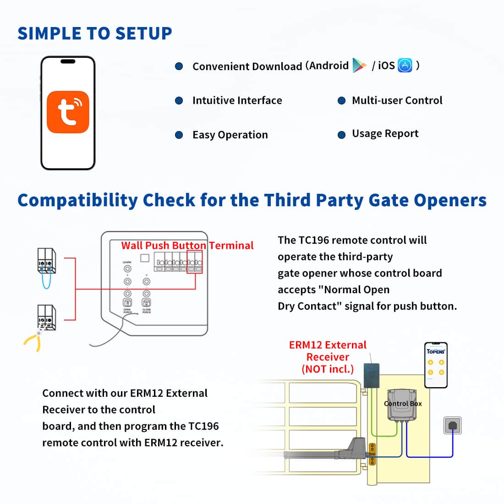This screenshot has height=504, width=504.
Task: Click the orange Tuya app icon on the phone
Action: (x=68, y=112)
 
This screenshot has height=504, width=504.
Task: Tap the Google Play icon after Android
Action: (x=359, y=66)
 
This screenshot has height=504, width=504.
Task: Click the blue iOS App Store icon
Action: (x=405, y=66)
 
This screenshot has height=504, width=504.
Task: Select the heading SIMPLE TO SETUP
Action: (x=95, y=33)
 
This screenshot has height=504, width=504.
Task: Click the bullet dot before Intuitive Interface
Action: (x=179, y=101)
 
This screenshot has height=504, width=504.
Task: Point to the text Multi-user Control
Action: (x=397, y=100)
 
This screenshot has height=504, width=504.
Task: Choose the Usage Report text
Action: (x=385, y=134)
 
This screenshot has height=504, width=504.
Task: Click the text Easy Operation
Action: (x=230, y=135)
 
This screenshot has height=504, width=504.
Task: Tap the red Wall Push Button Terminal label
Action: (x=187, y=246)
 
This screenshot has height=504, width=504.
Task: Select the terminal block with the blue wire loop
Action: (x=46, y=261)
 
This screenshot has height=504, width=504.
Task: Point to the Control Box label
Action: (x=403, y=404)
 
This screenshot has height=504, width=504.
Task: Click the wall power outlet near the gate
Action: (x=453, y=426)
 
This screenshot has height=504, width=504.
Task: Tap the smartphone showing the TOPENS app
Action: (x=436, y=365)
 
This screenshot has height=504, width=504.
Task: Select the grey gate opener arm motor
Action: (x=356, y=445)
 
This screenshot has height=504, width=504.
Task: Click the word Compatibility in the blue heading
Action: (x=77, y=201)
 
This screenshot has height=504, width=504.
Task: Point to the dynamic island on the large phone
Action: (x=68, y=61)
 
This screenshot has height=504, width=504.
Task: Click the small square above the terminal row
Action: (x=145, y=258)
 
